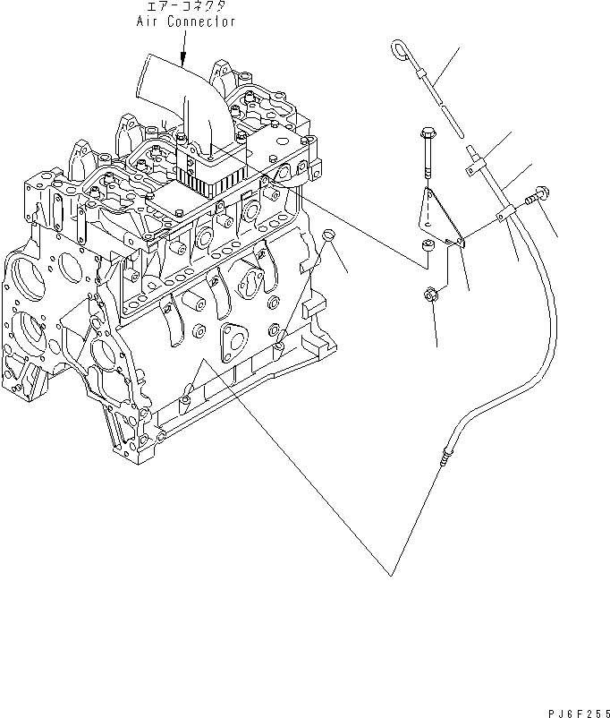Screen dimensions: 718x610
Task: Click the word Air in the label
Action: [148, 22]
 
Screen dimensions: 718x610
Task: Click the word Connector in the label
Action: [199, 22]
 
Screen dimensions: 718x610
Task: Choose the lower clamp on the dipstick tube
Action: [505, 216]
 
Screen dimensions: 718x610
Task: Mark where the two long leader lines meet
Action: [391, 574]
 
